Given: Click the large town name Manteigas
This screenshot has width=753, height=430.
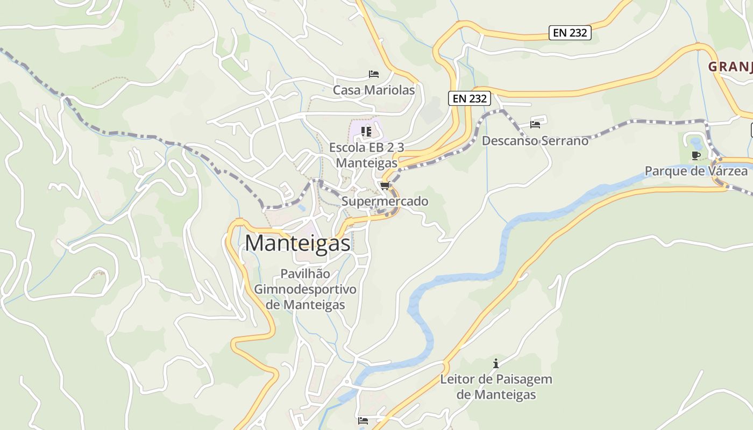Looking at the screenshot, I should click(x=297, y=243).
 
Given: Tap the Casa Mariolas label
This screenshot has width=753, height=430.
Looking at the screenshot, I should click(x=374, y=90).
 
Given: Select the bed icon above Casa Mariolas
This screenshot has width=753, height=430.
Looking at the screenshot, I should click(x=373, y=74).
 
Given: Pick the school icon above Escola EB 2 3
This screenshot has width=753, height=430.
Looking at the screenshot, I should click(x=366, y=131).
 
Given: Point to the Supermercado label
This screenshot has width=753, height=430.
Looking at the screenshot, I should click(x=385, y=202).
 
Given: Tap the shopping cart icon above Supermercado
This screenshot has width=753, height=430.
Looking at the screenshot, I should click(x=384, y=186).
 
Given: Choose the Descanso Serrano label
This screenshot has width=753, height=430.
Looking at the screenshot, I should click(x=535, y=141).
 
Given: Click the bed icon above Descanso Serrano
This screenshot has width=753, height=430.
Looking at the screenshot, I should click(x=535, y=124).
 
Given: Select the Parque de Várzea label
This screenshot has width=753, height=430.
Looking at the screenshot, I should click(x=696, y=171).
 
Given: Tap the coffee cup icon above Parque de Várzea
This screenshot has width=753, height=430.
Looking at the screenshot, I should click(x=695, y=155).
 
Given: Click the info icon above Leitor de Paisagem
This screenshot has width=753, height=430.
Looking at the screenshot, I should click(x=495, y=363).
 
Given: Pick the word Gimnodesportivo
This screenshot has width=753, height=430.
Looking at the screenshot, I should click(x=305, y=289).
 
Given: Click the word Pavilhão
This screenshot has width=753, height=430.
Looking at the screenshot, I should click(x=305, y=274).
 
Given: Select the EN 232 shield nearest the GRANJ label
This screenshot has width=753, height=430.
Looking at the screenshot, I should click(x=571, y=33).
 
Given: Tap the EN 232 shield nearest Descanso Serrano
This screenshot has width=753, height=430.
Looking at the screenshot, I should click(x=470, y=98).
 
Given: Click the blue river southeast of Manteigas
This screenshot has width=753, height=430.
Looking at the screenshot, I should click(x=425, y=322).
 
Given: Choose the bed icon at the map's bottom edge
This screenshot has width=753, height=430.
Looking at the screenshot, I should click(x=363, y=420).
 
